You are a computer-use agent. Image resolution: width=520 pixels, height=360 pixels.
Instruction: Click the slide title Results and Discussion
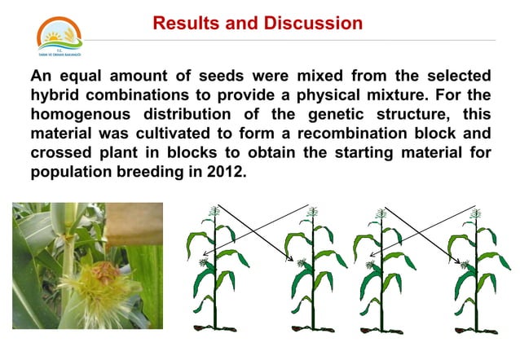258,23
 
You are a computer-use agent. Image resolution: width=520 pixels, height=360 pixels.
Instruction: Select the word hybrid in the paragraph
56,95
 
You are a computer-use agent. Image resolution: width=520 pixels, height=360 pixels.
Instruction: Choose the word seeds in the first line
221,77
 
